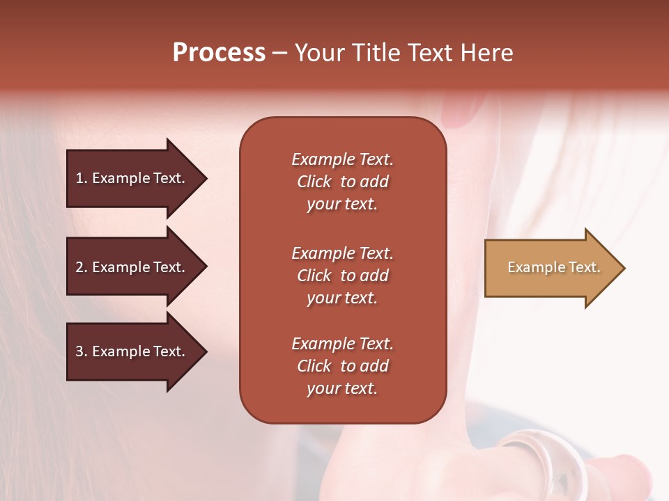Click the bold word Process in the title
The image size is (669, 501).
click(x=219, y=53)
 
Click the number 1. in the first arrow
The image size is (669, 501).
click(x=81, y=178)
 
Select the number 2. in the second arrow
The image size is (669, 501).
click(x=81, y=267)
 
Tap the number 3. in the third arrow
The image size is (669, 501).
click(x=81, y=351)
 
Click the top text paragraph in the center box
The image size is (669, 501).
click(x=342, y=182)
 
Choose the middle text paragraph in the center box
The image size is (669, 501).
click(x=342, y=276)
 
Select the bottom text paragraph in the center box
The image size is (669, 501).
click(x=342, y=366)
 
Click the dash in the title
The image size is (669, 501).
click(x=279, y=54)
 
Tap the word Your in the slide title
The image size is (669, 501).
click(x=318, y=53)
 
